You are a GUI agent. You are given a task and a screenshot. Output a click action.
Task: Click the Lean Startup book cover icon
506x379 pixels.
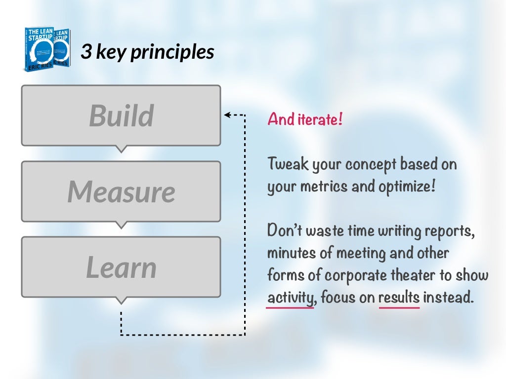click(x=47, y=50)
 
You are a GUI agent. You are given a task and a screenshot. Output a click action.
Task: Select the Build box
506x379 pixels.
click(x=121, y=115)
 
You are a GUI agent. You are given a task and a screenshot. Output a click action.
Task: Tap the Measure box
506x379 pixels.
click(x=121, y=191)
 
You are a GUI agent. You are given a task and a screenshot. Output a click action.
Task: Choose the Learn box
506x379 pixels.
click(x=121, y=267)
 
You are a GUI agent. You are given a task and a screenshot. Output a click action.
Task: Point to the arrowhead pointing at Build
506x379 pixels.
click(x=227, y=115)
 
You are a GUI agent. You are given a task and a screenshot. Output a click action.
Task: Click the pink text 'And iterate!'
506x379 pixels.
click(x=304, y=119)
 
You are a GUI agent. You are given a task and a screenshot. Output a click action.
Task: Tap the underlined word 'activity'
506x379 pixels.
click(x=290, y=299)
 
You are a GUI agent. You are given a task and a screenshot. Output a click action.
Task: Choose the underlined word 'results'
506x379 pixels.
click(x=399, y=298)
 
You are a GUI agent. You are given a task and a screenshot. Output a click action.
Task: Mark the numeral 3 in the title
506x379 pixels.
click(x=86, y=51)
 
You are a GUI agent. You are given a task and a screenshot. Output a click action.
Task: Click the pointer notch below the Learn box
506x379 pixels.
click(x=121, y=301)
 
